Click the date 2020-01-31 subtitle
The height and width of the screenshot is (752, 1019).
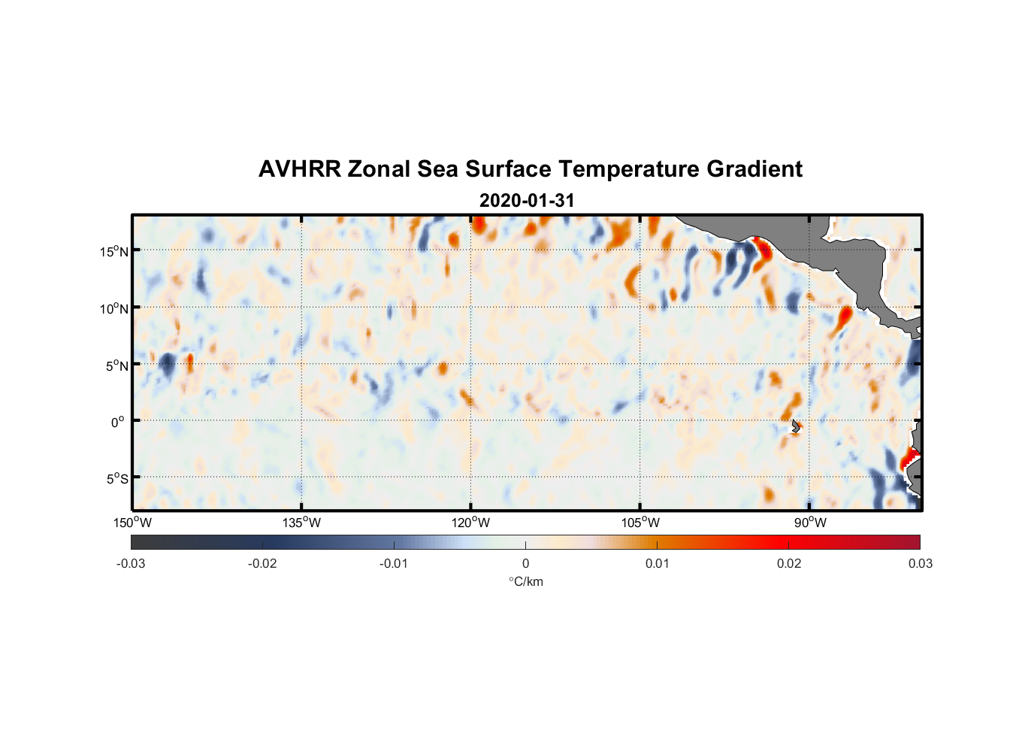[526, 201]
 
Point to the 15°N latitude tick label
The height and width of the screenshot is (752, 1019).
[114, 251]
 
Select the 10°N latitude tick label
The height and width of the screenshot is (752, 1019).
[114, 308]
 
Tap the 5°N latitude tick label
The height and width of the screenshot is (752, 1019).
[116, 365]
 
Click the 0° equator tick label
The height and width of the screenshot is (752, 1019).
[117, 422]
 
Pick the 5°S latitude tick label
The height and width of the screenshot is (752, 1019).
[116, 479]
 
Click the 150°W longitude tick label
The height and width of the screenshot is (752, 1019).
[133, 523]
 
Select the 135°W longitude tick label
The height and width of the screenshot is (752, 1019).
[302, 523]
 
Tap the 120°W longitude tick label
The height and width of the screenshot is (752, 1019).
[471, 523]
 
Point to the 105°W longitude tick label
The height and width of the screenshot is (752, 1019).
[640, 523]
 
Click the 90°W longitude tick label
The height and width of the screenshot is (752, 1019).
[810, 523]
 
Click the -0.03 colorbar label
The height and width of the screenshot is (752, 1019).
[131, 564]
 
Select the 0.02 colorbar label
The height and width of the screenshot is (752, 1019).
[789, 564]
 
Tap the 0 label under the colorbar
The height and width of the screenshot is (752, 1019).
[525, 564]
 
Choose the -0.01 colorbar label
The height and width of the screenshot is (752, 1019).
[394, 564]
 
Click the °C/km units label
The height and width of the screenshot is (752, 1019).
[525, 581]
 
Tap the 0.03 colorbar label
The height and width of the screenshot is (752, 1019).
[920, 564]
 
